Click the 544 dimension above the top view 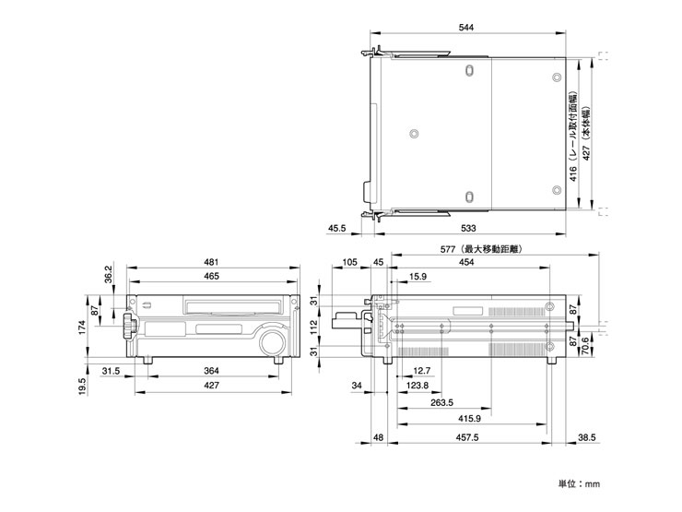(465, 30)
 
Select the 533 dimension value (467, 227)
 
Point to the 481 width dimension (211, 262)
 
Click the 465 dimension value (211, 276)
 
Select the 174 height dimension (80, 327)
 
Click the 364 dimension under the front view (211, 372)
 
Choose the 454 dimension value (467, 262)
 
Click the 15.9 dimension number (417, 276)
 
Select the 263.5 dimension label (441, 402)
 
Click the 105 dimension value (348, 262)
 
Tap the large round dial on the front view (272, 342)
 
